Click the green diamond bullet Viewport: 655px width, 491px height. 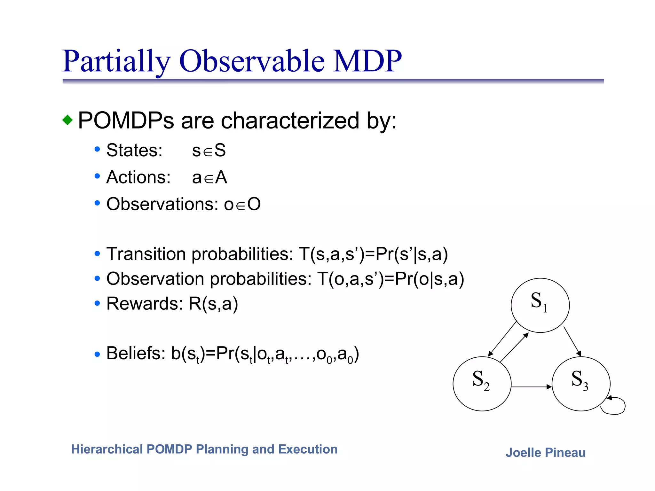(67, 120)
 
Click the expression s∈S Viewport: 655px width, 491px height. (209, 150)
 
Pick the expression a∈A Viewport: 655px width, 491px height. (209, 177)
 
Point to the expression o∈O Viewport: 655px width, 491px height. (242, 204)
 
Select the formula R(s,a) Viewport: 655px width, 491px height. (213, 304)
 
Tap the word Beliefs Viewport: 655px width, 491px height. (136, 354)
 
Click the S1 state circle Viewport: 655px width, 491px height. (540, 305)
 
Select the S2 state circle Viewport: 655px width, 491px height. (482, 384)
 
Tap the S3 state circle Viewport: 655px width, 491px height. (581, 384)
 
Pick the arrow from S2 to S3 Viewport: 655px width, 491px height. (531, 387)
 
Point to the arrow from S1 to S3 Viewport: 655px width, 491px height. (572, 341)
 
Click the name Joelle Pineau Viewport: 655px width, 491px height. (545, 453)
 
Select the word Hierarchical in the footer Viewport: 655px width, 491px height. (107, 449)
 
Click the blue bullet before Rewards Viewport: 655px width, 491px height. (97, 303)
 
